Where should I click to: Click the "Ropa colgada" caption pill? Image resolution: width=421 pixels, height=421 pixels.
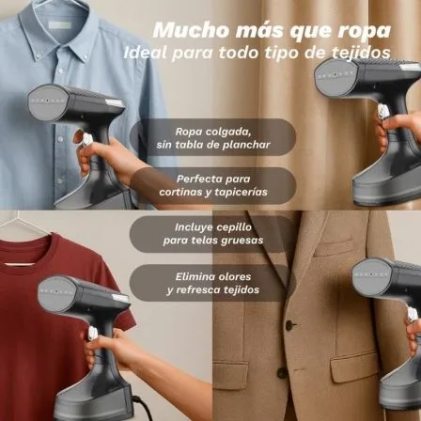point(213,137)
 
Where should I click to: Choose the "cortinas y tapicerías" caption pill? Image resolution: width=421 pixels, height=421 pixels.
point(213,185)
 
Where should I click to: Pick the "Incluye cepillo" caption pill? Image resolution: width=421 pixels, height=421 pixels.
point(213,234)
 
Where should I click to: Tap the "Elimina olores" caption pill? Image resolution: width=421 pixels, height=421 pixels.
point(213,283)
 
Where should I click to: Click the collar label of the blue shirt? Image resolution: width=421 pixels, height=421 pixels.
point(60,25)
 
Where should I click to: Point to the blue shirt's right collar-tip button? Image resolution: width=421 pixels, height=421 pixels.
point(86,57)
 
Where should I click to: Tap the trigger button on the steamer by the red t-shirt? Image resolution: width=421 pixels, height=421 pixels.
point(93,333)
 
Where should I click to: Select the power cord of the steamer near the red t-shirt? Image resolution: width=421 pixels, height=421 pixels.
point(143,407)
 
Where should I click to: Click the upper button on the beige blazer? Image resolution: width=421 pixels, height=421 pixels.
point(289,325)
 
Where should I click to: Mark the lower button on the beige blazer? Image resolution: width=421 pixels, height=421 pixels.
point(282,373)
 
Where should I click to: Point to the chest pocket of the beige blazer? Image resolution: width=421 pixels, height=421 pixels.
point(334,245)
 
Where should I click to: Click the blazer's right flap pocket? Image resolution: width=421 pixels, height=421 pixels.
point(354,366)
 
